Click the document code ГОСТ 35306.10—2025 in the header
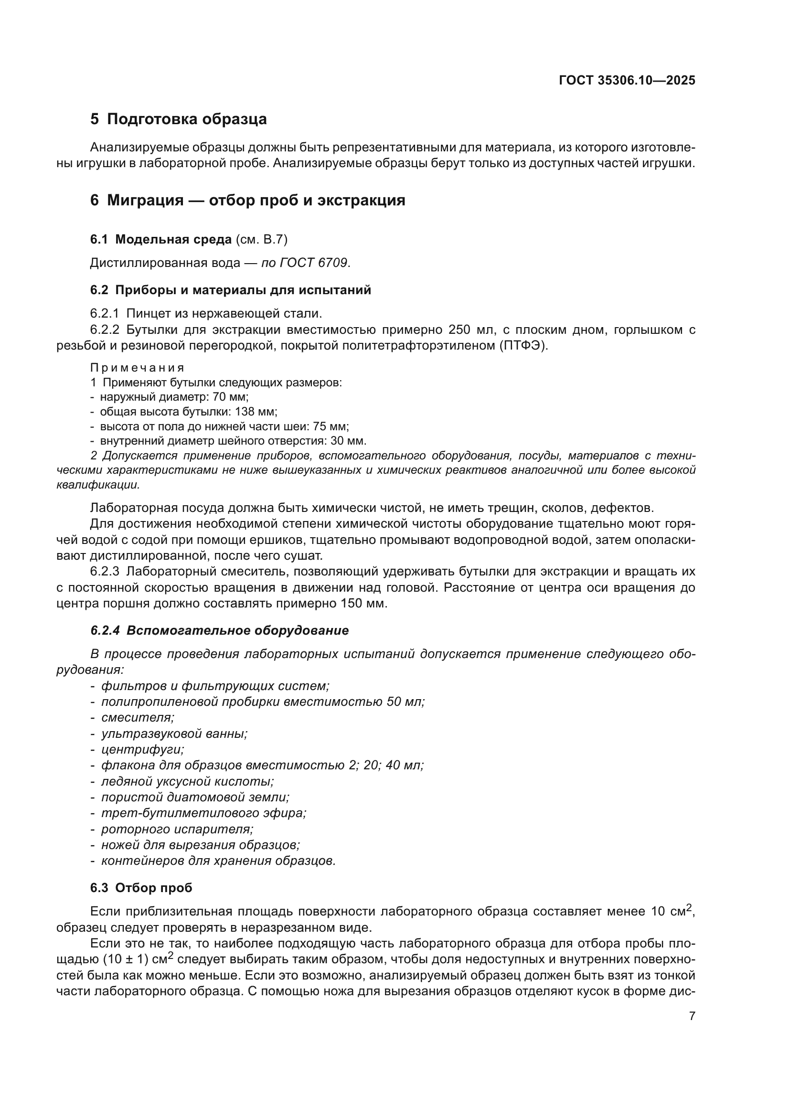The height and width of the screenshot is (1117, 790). point(627,81)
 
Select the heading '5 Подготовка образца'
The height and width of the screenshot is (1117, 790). point(178,119)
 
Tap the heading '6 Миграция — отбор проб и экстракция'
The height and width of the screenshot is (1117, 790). point(247,201)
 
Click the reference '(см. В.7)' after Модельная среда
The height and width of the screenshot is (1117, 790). point(261,239)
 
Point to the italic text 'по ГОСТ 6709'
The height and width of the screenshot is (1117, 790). point(305,263)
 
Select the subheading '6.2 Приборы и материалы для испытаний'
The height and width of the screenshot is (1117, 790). point(231,290)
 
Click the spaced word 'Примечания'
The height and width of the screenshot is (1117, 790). point(137,368)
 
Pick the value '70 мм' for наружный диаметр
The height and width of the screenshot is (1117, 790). point(231,397)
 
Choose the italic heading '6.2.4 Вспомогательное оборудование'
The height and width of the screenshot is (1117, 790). point(219,631)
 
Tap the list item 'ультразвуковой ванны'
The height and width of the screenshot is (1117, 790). point(174,734)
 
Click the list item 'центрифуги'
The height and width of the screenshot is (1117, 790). point(142,750)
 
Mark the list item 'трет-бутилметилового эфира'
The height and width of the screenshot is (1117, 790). point(203,813)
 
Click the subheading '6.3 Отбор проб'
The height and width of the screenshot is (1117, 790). point(141,888)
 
